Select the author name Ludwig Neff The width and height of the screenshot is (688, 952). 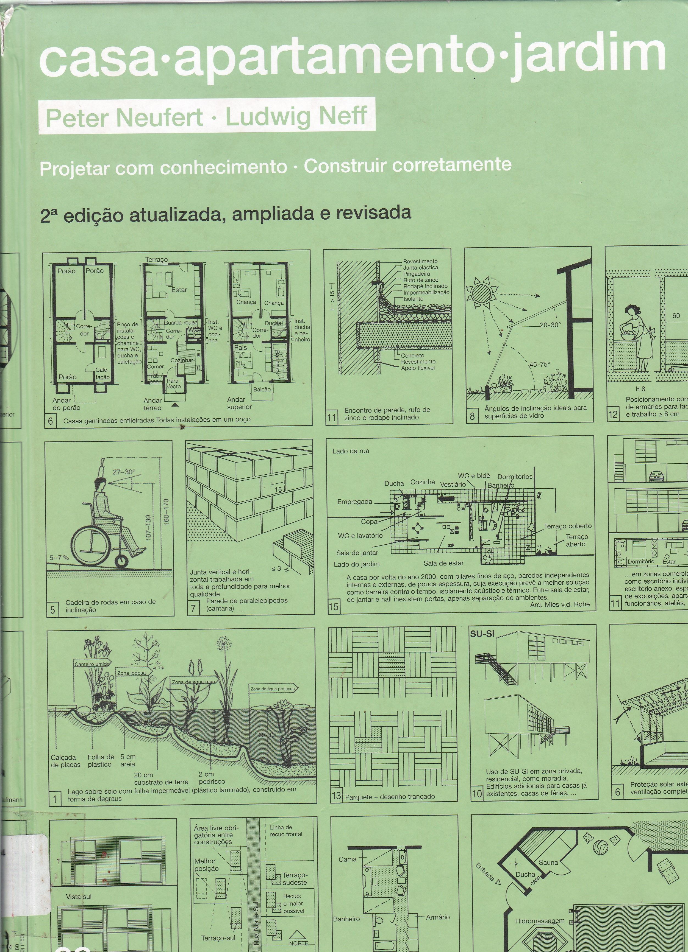296,117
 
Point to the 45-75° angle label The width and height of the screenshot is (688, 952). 540,364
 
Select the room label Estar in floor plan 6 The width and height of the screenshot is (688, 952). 179,290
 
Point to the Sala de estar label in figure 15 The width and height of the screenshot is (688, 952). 443,563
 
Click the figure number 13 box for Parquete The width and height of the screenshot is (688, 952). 336,796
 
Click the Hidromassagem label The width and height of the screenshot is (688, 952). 540,921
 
